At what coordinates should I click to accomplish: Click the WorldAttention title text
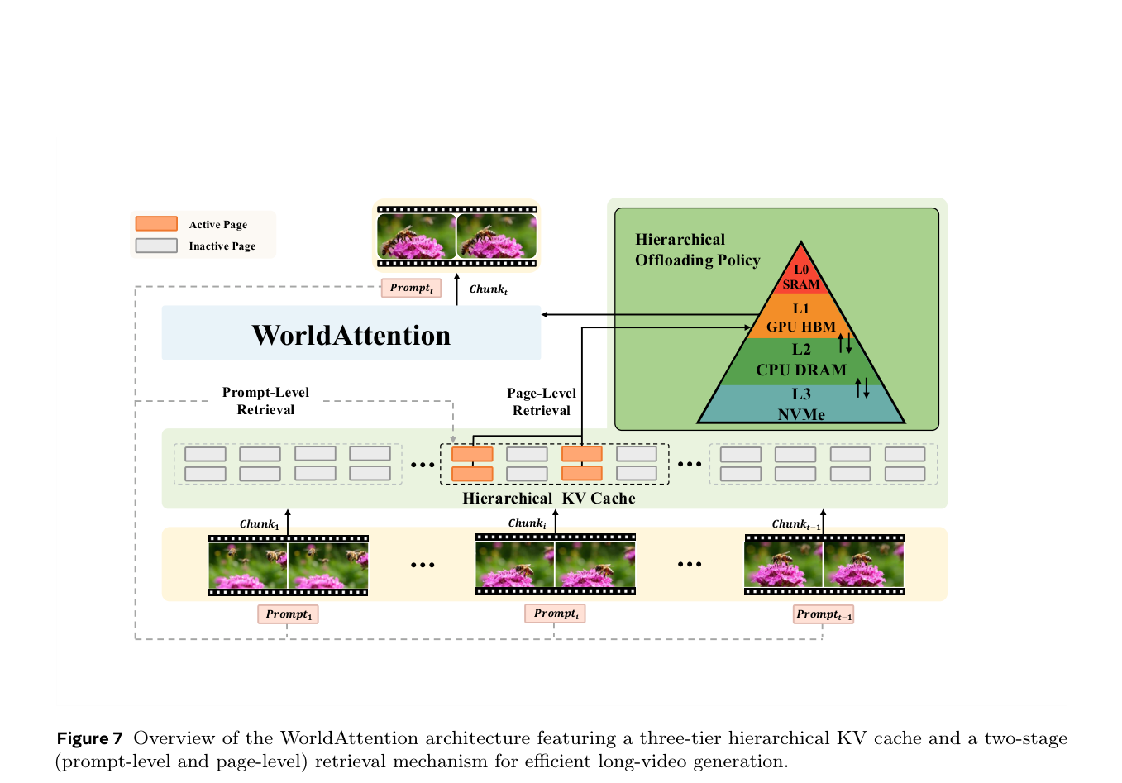(351, 335)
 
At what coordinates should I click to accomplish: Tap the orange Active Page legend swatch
(156, 223)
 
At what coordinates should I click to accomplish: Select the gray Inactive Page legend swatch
(156, 246)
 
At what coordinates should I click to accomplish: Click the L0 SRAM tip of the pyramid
(801, 273)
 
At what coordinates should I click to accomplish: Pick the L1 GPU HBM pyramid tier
(801, 317)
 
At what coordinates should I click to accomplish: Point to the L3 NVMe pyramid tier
(801, 403)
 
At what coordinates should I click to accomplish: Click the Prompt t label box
(411, 288)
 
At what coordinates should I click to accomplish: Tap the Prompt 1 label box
(288, 614)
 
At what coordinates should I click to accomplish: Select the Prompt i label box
(555, 614)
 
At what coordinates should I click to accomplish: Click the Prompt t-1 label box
(824, 614)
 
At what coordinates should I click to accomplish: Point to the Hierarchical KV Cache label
(548, 499)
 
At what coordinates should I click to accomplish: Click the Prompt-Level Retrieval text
(265, 401)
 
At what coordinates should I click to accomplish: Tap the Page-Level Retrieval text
(542, 402)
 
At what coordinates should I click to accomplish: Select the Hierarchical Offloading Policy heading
(697, 250)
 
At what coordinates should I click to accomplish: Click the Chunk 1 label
(259, 524)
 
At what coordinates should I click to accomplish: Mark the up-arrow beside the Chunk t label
(456, 289)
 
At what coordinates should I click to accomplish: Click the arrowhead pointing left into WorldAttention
(545, 314)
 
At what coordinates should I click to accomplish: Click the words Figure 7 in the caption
(89, 738)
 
